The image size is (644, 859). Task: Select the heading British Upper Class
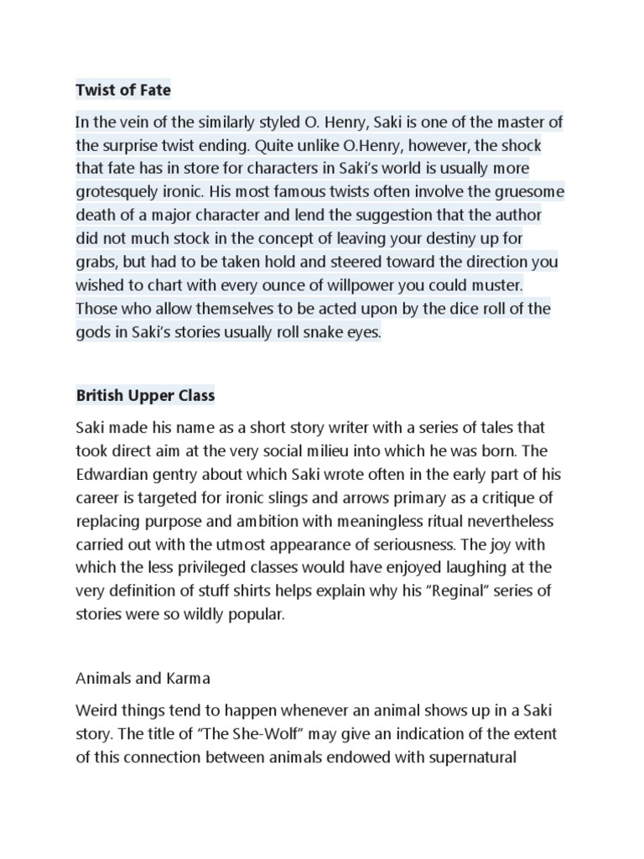coord(145,394)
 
